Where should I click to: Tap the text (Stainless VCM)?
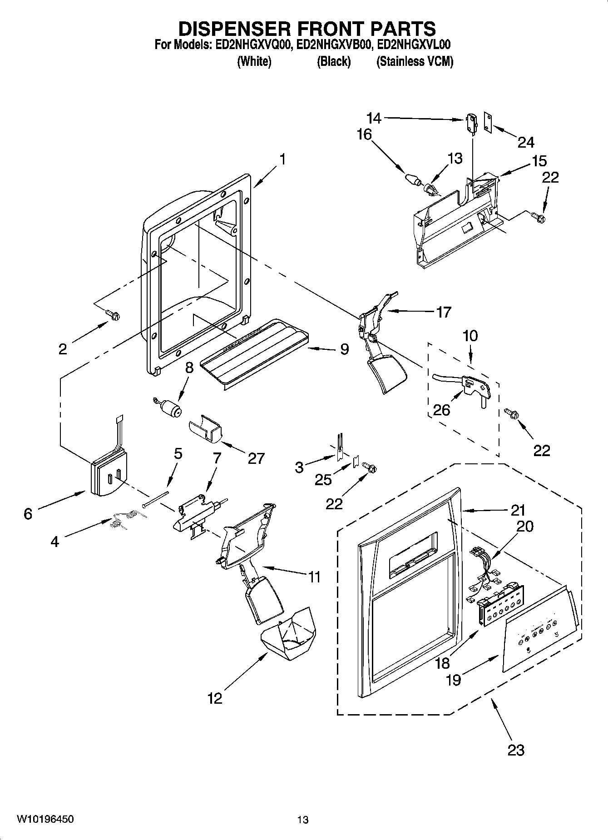(x=415, y=62)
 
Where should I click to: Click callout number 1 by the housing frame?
(x=282, y=160)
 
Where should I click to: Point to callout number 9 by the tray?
(x=344, y=349)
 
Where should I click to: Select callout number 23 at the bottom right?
(x=516, y=750)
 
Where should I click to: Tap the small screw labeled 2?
(x=112, y=314)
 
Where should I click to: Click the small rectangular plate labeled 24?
(x=488, y=124)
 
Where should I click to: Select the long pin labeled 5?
(x=156, y=499)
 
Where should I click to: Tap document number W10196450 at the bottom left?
(x=45, y=819)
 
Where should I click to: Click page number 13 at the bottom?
(x=303, y=820)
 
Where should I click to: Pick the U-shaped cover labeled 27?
(x=205, y=429)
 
